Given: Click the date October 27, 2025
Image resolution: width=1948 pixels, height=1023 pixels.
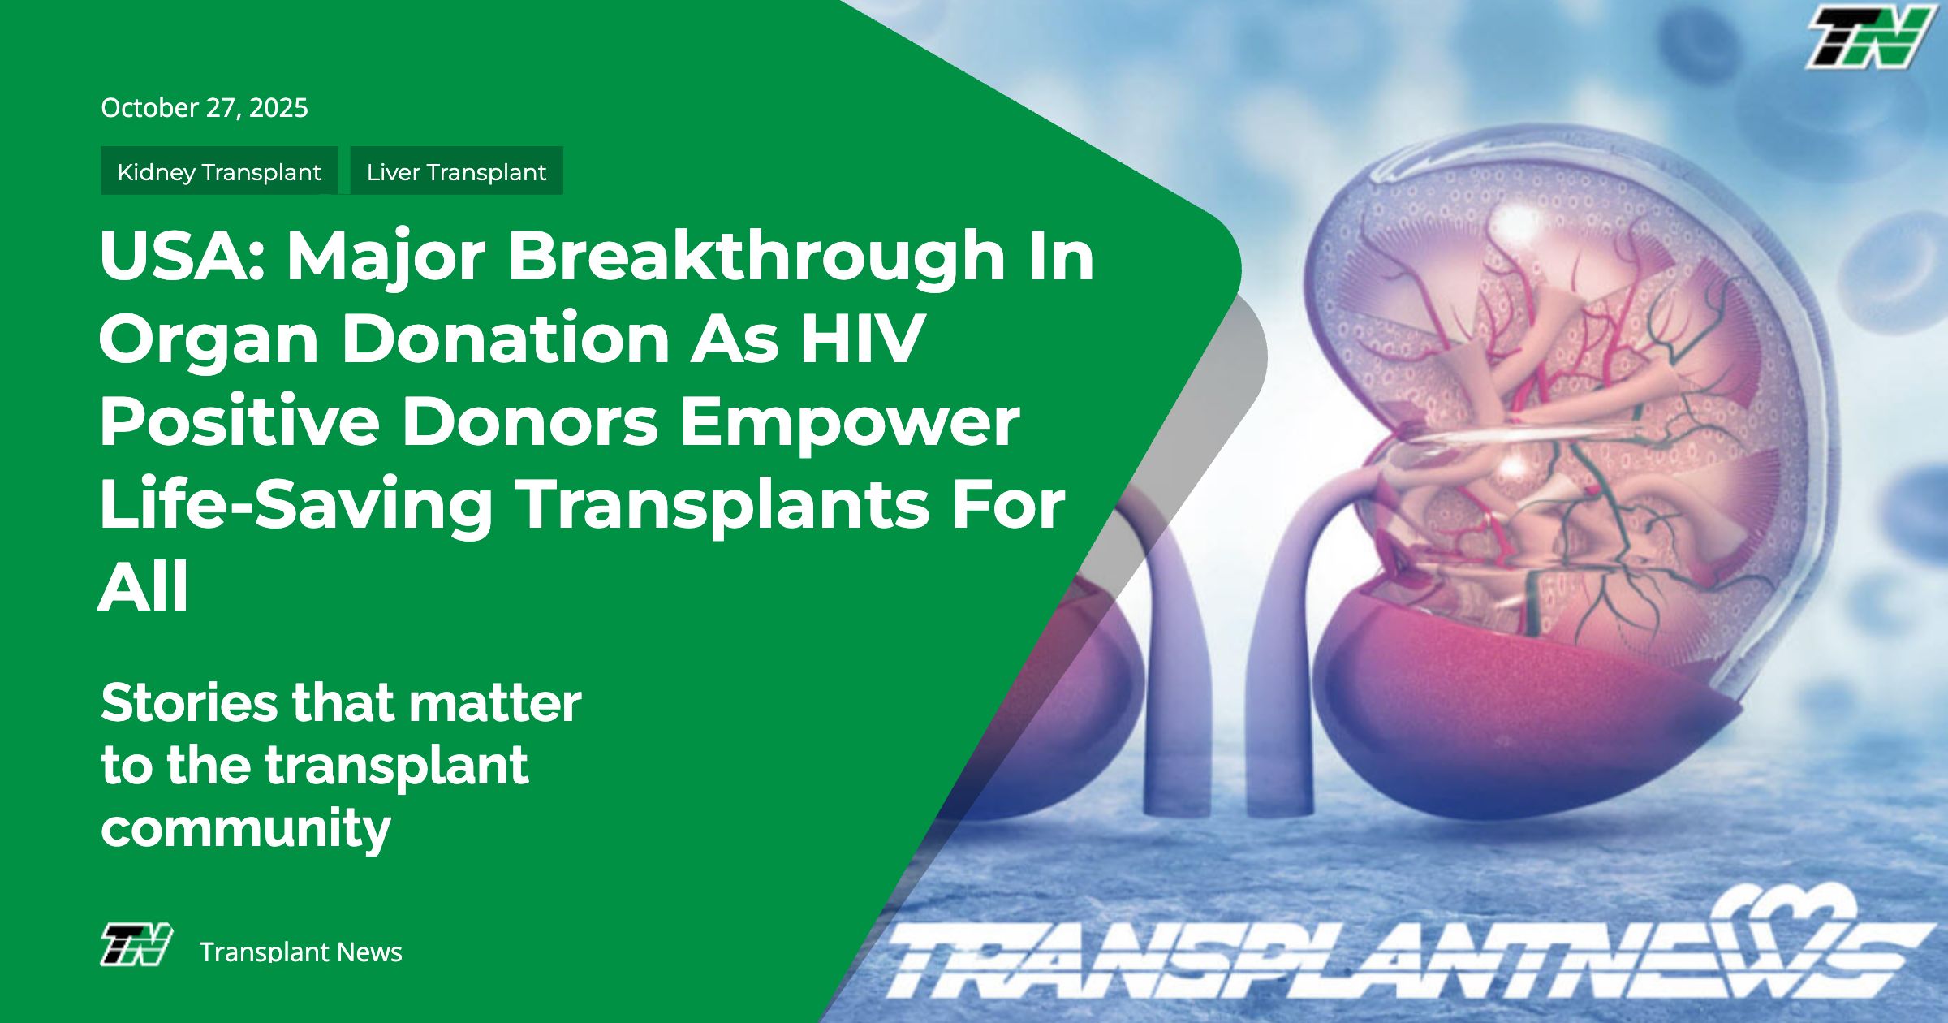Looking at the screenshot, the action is [x=205, y=108].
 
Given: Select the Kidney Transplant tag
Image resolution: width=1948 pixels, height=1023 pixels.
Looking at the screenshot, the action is [x=219, y=170].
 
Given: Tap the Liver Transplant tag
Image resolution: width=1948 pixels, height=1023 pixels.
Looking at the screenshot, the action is [x=456, y=170].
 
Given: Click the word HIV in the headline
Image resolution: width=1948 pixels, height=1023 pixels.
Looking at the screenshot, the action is [x=862, y=338].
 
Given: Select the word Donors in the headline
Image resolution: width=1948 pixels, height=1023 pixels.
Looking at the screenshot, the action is [x=530, y=421].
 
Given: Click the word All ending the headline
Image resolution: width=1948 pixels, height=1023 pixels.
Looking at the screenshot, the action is [x=144, y=586].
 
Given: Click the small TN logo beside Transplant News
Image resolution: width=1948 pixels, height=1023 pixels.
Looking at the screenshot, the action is [x=136, y=945].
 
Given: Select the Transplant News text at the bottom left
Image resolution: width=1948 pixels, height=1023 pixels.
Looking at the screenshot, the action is [x=301, y=952].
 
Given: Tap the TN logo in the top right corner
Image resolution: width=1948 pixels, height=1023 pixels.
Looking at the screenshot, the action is [x=1868, y=37].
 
